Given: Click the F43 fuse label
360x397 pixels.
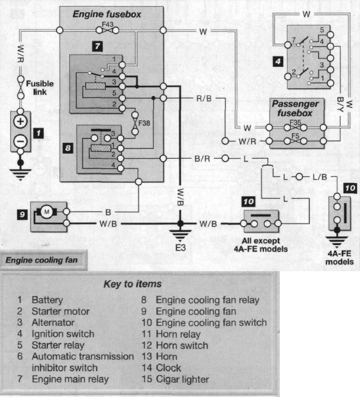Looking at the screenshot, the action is tap(108, 24).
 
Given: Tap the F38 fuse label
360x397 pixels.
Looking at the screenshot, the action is tap(144, 123).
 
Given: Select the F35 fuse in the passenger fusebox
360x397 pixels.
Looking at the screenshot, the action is tap(295, 127).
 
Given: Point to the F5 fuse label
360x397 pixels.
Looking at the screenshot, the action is tap(296, 136).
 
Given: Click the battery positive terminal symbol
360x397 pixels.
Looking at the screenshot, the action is tap(21, 122).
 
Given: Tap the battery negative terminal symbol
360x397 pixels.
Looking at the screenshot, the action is tap(21, 141).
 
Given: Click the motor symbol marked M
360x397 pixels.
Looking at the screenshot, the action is tap(47, 212).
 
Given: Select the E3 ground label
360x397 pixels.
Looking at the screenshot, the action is tap(181, 247).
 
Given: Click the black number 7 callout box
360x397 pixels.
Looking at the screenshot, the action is tap(97, 46).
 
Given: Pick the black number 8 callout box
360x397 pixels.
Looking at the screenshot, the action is tap(68, 148).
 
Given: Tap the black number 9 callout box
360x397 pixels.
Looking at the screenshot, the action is tap(22, 215).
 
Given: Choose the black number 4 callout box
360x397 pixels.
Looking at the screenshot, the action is tap(278, 61).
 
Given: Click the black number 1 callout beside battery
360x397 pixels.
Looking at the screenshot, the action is tap(38, 133).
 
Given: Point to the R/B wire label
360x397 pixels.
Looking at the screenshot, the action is tap(204, 98).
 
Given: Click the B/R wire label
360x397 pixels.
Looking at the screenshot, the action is tap(202, 159).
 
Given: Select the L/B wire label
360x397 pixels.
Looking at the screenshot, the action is tap(320, 177).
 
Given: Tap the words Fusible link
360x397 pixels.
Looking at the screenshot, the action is tap(40, 88).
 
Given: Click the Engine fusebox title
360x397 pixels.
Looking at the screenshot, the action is tap(107, 14).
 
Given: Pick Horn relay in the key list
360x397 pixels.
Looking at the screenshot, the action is tap(178, 334).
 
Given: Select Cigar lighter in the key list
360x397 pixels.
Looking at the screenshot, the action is tap(182, 379).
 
